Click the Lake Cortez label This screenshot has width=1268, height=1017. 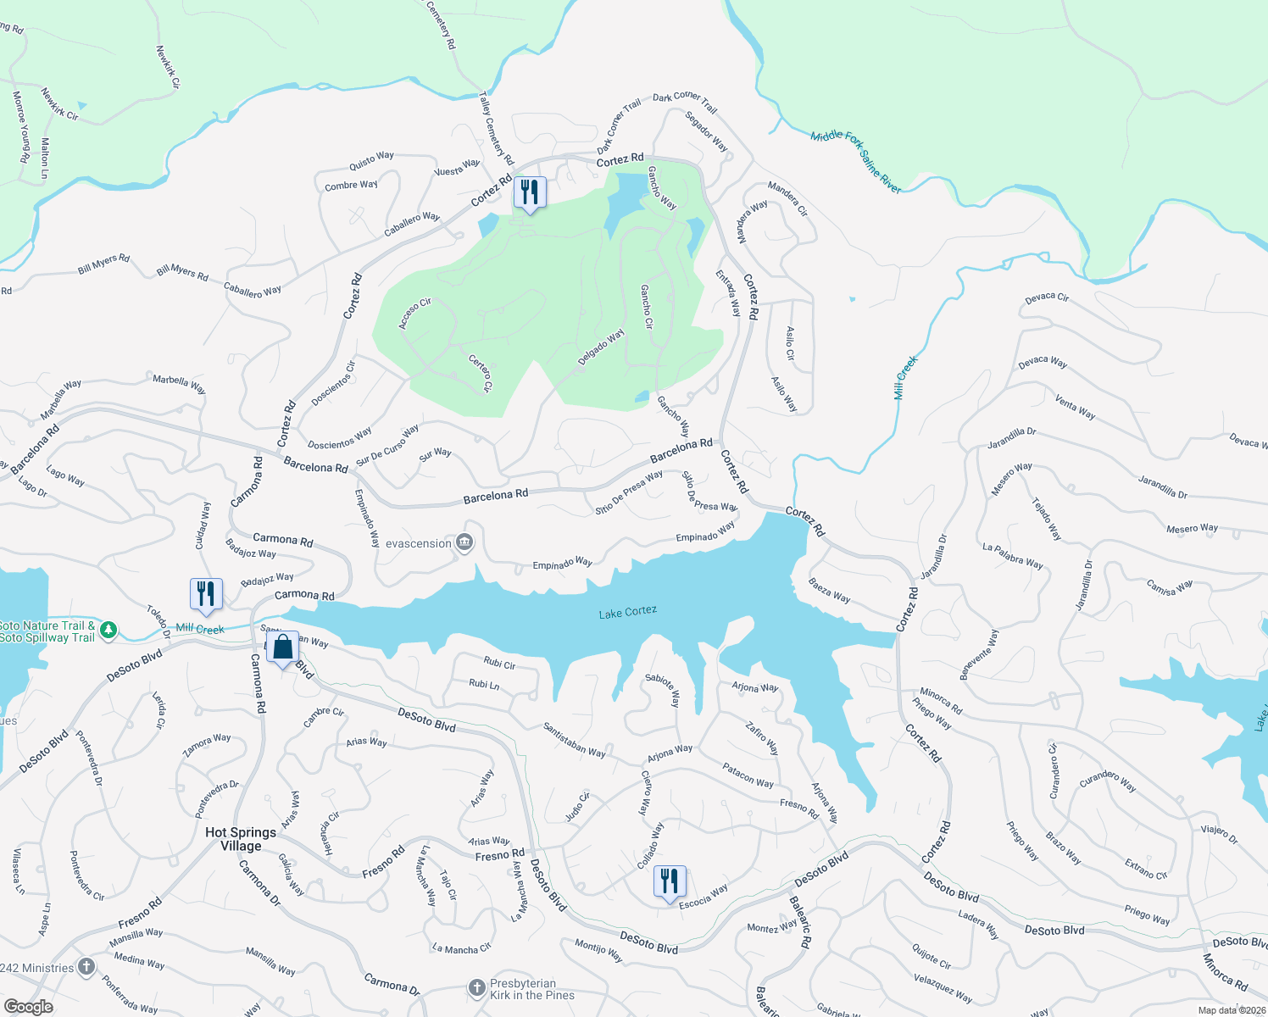pos(627,612)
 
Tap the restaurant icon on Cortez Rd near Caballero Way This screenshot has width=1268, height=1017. pos(530,193)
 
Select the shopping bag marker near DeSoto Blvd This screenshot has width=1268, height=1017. pos(282,648)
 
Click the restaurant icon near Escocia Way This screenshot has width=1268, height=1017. pos(670,881)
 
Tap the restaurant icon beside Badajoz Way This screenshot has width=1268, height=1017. pos(206,594)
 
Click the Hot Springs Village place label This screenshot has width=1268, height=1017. pos(241,839)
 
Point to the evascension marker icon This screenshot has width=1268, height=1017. pos(464,543)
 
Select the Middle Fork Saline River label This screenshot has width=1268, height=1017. pos(855,162)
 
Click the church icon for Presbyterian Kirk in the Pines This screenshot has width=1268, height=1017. pos(477,988)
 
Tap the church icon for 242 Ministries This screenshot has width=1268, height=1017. pos(86,967)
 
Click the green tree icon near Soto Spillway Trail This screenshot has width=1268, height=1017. pos(108,631)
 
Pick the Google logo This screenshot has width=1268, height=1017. pos(28,1006)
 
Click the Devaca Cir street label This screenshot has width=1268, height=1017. pos(1047,297)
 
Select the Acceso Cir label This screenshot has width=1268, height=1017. pos(415,314)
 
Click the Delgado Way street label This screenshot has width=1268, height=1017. pos(601,347)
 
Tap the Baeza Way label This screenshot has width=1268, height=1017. pos(829,591)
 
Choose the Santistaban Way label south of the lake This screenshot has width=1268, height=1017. pos(574,739)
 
